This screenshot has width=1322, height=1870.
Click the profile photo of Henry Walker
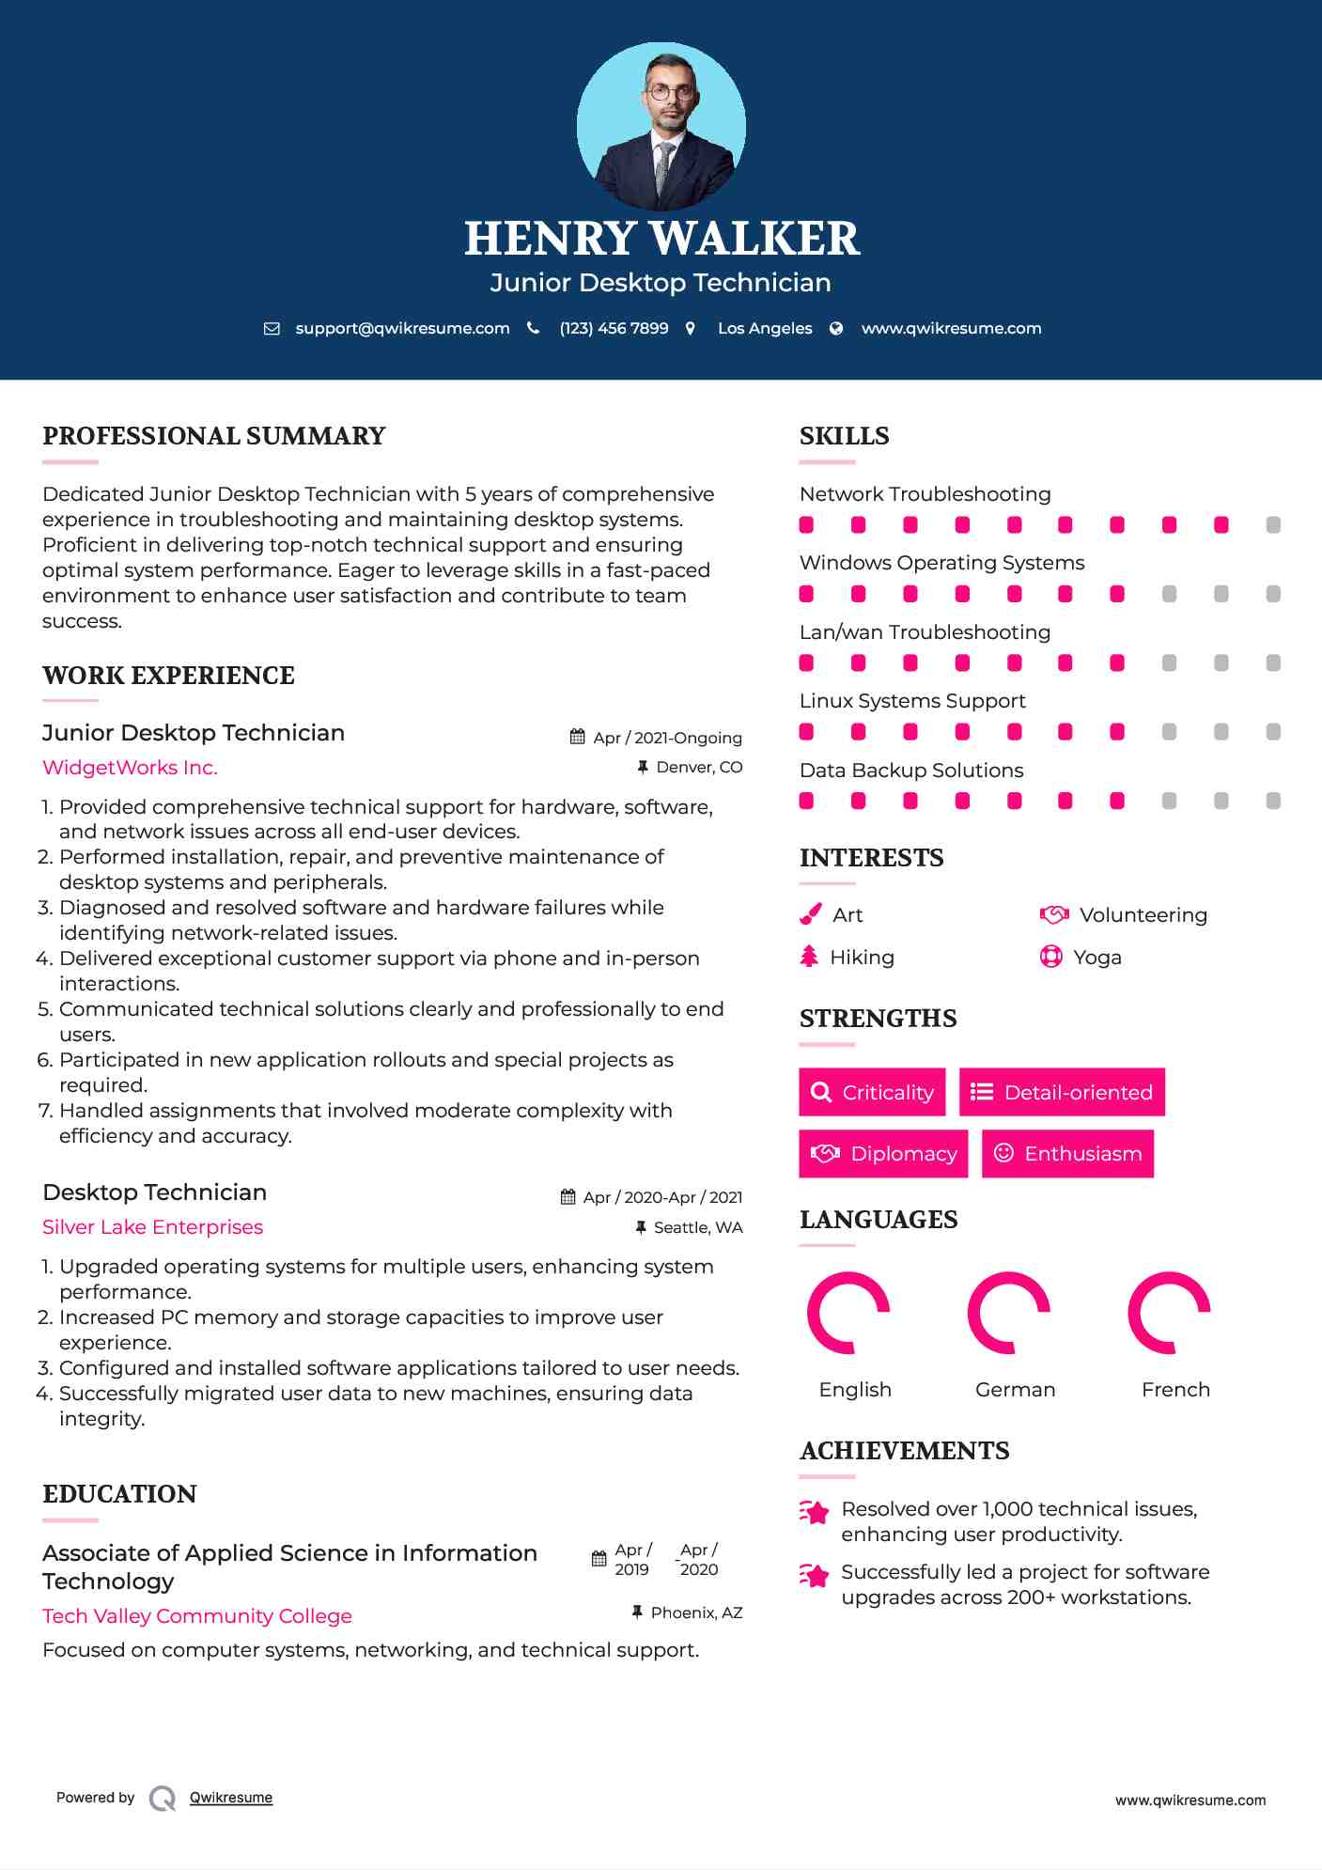661,126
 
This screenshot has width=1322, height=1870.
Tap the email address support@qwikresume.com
402,328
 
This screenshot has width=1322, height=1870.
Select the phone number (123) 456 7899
614,328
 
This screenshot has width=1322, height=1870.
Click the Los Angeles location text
764,328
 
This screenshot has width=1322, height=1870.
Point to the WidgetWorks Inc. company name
130,768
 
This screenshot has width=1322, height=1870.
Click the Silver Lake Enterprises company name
152,1227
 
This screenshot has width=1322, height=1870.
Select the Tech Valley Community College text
197,1616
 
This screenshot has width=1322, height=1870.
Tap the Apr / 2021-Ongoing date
667,738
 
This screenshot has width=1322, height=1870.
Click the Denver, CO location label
699,768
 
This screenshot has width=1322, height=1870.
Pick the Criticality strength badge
872,1092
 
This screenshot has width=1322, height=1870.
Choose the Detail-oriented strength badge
1062,1092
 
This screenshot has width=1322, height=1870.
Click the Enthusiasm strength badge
1067,1153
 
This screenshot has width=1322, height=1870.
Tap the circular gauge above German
1008,1313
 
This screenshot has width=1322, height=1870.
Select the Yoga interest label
1096,958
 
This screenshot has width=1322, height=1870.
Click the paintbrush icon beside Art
810,914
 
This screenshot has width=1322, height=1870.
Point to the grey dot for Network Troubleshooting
1273,525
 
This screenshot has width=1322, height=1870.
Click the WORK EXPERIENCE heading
168,676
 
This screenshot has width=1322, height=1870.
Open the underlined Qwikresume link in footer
231,1798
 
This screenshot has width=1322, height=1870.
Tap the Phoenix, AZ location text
696,1613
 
